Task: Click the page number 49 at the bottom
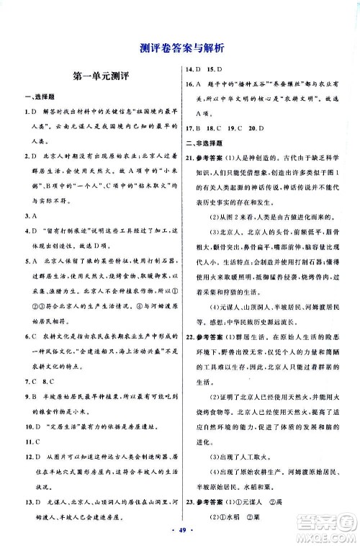click(x=179, y=535)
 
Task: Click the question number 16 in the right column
click(x=190, y=84)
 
